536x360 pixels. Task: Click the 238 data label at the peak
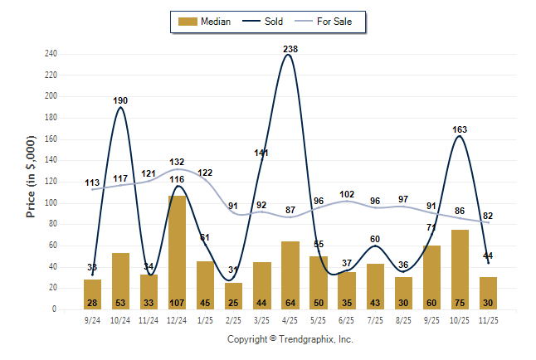tap(290, 49)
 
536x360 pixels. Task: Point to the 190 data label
tap(120, 100)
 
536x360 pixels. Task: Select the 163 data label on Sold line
tap(460, 129)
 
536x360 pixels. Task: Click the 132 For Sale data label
tap(177, 162)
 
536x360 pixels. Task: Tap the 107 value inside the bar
tap(177, 303)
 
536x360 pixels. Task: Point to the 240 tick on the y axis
tap(51, 54)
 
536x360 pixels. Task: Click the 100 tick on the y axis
tap(51, 202)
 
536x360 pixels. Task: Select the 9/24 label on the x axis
tap(92, 319)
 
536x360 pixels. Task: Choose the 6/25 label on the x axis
tap(347, 319)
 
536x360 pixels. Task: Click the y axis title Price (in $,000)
tap(31, 178)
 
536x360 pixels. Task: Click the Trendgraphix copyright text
tap(290, 339)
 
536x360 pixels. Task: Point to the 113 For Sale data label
tap(92, 182)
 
